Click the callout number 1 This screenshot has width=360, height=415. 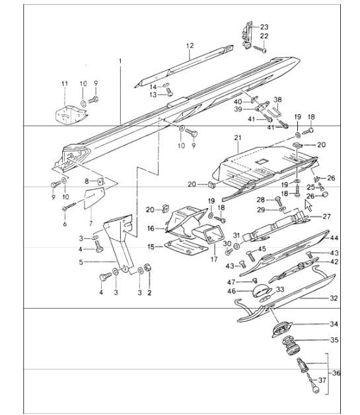pos(120,61)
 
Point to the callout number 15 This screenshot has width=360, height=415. pos(151,246)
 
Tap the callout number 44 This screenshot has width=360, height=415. pos(335,238)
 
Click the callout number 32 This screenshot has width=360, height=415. pos(334,299)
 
